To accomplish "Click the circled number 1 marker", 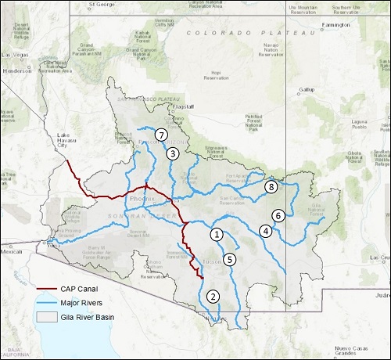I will point(217,233).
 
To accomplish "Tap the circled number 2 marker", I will point(213,297).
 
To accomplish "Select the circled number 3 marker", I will point(172,153).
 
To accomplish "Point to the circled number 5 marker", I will point(229,259).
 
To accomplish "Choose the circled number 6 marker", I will point(277,215).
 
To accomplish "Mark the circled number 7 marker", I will point(161,135).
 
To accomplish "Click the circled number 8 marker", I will point(271,187).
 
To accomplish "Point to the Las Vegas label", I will point(15,54).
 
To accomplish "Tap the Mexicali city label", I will point(12,252).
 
